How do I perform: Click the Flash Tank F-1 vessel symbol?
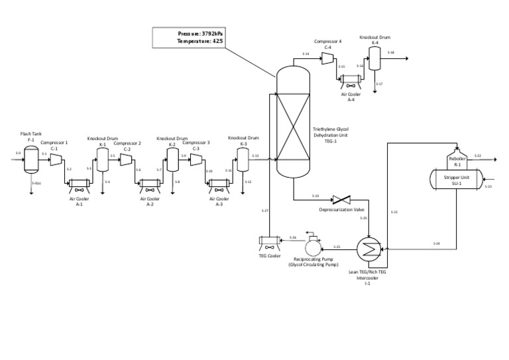click(x=31, y=160)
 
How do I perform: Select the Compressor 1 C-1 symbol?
click(x=56, y=160)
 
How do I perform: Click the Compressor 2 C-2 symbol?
click(x=127, y=159)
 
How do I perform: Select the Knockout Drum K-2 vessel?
click(x=172, y=158)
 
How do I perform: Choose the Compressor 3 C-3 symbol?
click(x=196, y=159)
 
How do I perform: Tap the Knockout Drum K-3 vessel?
click(x=243, y=158)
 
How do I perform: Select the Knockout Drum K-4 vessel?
click(x=374, y=61)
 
